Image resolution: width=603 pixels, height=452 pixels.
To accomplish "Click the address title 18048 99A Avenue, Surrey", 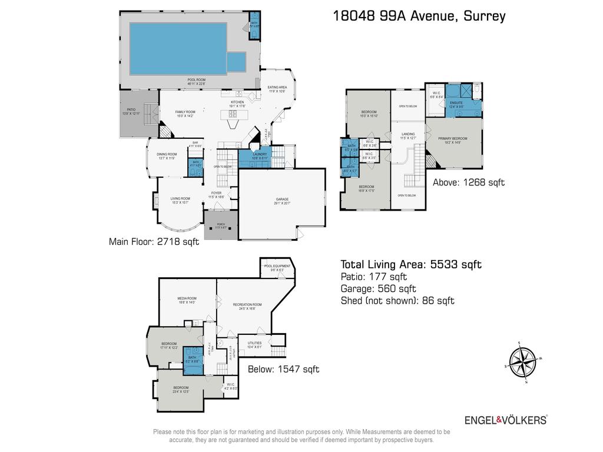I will [419, 16].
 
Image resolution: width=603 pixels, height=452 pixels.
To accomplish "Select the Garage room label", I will [282, 201].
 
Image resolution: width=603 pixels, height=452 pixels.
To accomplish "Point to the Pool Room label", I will [196, 82].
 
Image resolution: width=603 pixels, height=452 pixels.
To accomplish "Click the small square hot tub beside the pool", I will [236, 61].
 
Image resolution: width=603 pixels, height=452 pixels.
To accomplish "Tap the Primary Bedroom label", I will [452, 139].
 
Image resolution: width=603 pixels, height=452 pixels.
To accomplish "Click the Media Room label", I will [187, 300].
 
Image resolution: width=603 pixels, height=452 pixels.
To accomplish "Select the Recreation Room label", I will [247, 305].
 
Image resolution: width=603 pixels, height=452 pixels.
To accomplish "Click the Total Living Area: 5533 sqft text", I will [411, 265].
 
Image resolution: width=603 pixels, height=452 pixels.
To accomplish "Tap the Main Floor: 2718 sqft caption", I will [150, 241].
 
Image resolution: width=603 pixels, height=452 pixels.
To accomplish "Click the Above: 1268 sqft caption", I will [469, 182].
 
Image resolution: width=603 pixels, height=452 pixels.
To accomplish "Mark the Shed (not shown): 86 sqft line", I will [397, 301].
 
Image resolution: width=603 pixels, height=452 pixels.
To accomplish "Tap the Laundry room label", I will [260, 157].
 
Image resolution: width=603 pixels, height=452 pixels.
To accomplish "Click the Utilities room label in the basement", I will [254, 344].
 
